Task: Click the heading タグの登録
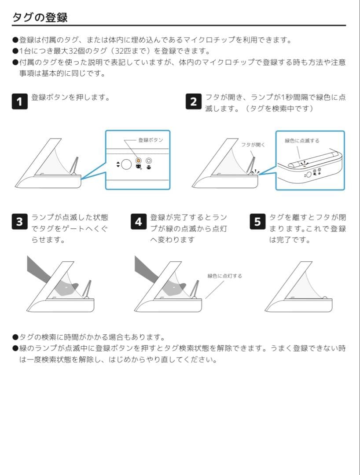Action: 40,17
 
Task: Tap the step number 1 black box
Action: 19,102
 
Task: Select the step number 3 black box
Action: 19,222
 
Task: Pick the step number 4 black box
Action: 138,222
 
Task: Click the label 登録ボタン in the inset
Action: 151,140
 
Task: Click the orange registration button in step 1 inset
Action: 138,161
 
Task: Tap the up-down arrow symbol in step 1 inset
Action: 118,164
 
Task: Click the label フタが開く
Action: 253,144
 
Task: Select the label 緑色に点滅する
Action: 302,141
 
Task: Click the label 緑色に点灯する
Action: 224,276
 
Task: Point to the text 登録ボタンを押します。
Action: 70,97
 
